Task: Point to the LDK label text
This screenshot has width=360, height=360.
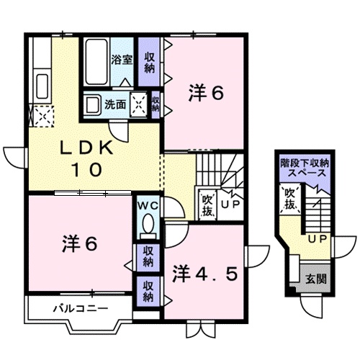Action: click(85, 148)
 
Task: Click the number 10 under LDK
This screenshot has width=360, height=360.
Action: click(85, 171)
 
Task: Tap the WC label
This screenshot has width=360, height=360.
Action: click(148, 206)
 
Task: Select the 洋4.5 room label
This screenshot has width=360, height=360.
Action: click(204, 274)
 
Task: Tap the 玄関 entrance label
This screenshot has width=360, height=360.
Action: click(312, 279)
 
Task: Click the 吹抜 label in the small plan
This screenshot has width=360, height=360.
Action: click(289, 198)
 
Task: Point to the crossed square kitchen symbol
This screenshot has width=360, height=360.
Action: click(41, 115)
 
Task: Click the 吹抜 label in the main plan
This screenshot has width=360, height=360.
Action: click(207, 204)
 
